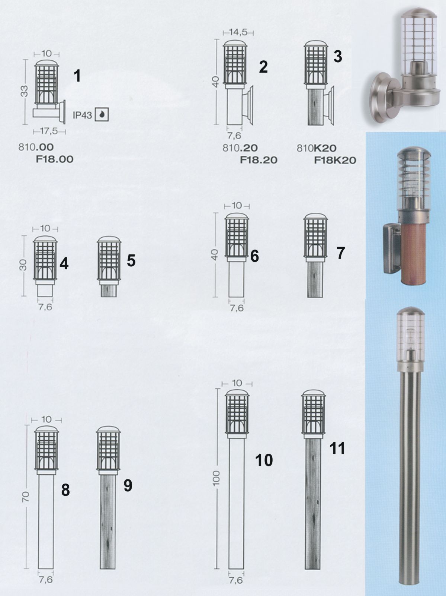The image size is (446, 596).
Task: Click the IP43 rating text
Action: point(82,115)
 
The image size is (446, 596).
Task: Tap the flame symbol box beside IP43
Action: point(102,115)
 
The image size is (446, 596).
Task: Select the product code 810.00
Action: point(36,148)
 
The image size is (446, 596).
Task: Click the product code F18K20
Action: point(335,160)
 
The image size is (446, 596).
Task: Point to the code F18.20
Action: point(259,160)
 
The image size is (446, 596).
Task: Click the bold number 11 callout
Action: point(337,448)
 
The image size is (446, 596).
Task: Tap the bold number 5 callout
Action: point(131,261)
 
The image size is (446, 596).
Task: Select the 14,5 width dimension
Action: point(238,32)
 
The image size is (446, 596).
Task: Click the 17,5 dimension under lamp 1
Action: point(49,132)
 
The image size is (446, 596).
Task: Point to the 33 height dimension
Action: point(25,92)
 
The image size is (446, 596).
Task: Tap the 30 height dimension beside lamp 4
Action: point(23,265)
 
